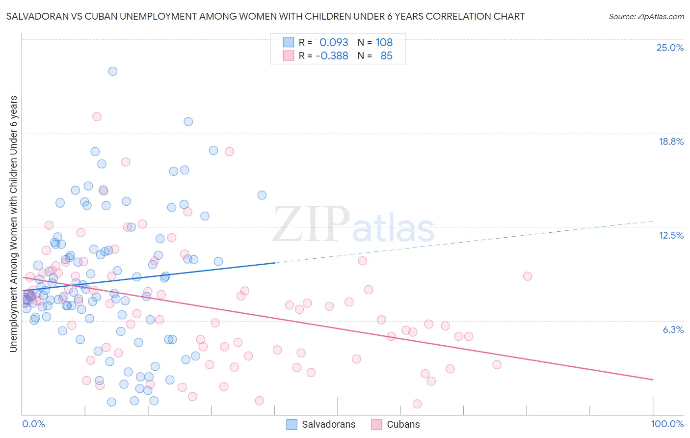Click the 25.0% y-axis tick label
670,48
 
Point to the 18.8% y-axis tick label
671,141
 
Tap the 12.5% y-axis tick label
671,235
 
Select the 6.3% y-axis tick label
673,329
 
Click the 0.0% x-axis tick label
33,424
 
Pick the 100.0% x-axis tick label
667,424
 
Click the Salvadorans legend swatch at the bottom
292,424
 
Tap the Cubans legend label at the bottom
403,424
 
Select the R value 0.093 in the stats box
334,42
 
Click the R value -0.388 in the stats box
332,55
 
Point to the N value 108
384,42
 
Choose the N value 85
386,55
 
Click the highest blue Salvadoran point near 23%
113,71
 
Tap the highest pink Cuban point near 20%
97,117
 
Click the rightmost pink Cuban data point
528,276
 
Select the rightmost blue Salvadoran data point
262,195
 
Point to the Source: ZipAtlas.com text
646,16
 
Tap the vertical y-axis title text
13,224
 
